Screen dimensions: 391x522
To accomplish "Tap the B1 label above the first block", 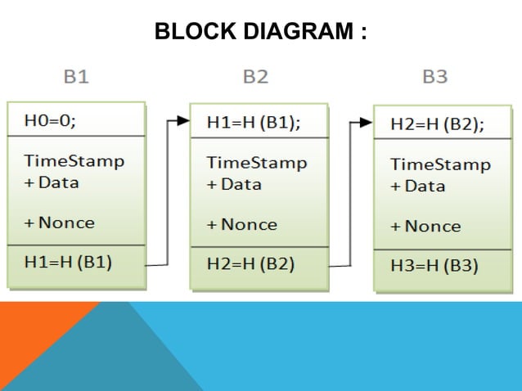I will point(76,78).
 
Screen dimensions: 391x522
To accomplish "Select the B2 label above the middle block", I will point(255,78).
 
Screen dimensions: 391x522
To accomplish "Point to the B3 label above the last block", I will point(434,78).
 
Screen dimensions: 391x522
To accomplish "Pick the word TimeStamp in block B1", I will point(74,160).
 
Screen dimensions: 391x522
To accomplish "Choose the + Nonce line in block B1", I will point(60,222).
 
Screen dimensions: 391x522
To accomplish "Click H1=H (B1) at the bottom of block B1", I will point(69,263).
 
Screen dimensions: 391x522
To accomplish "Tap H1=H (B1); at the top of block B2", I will point(254,122).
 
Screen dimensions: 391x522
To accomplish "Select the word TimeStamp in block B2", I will point(257,162).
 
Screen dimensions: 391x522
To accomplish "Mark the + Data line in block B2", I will point(234,184).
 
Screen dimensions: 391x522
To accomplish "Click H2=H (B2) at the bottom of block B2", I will point(251,264).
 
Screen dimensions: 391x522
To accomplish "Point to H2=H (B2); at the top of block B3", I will point(437,124).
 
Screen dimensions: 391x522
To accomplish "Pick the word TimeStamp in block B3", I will point(440,164).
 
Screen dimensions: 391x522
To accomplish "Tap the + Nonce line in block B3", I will point(426,226).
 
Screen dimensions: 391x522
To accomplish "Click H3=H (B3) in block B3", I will point(434,266).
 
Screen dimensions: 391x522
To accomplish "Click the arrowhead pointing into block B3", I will point(366,124).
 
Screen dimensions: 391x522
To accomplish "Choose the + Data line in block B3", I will point(417,187).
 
